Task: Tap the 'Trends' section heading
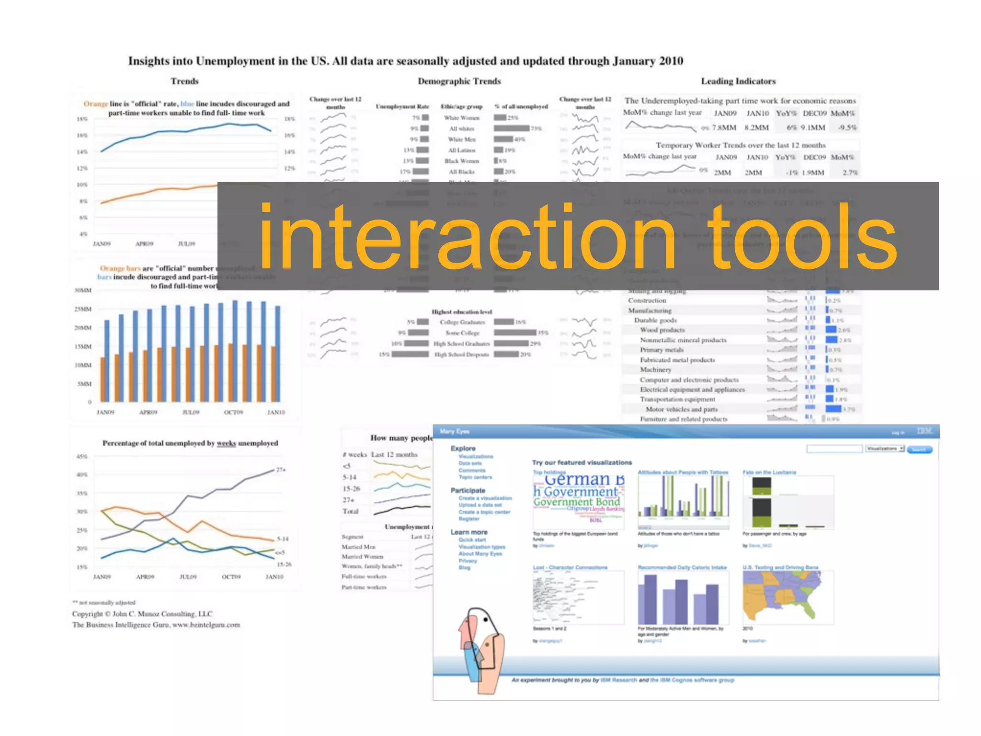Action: [x=184, y=81]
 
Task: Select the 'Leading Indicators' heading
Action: [x=738, y=81]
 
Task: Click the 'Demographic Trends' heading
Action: [x=459, y=81]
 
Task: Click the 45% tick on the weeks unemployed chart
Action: [x=82, y=457]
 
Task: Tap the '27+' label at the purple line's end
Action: [x=281, y=470]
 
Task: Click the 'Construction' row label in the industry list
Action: [x=647, y=300]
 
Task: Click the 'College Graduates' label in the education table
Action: [x=462, y=322]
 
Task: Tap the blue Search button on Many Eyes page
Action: [x=919, y=449]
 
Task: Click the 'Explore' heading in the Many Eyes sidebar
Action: [x=463, y=448]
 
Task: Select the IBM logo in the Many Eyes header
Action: [x=924, y=431]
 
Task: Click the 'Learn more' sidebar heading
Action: [x=468, y=532]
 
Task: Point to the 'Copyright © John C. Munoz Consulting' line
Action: [x=142, y=614]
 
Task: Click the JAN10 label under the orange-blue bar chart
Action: [x=276, y=412]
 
